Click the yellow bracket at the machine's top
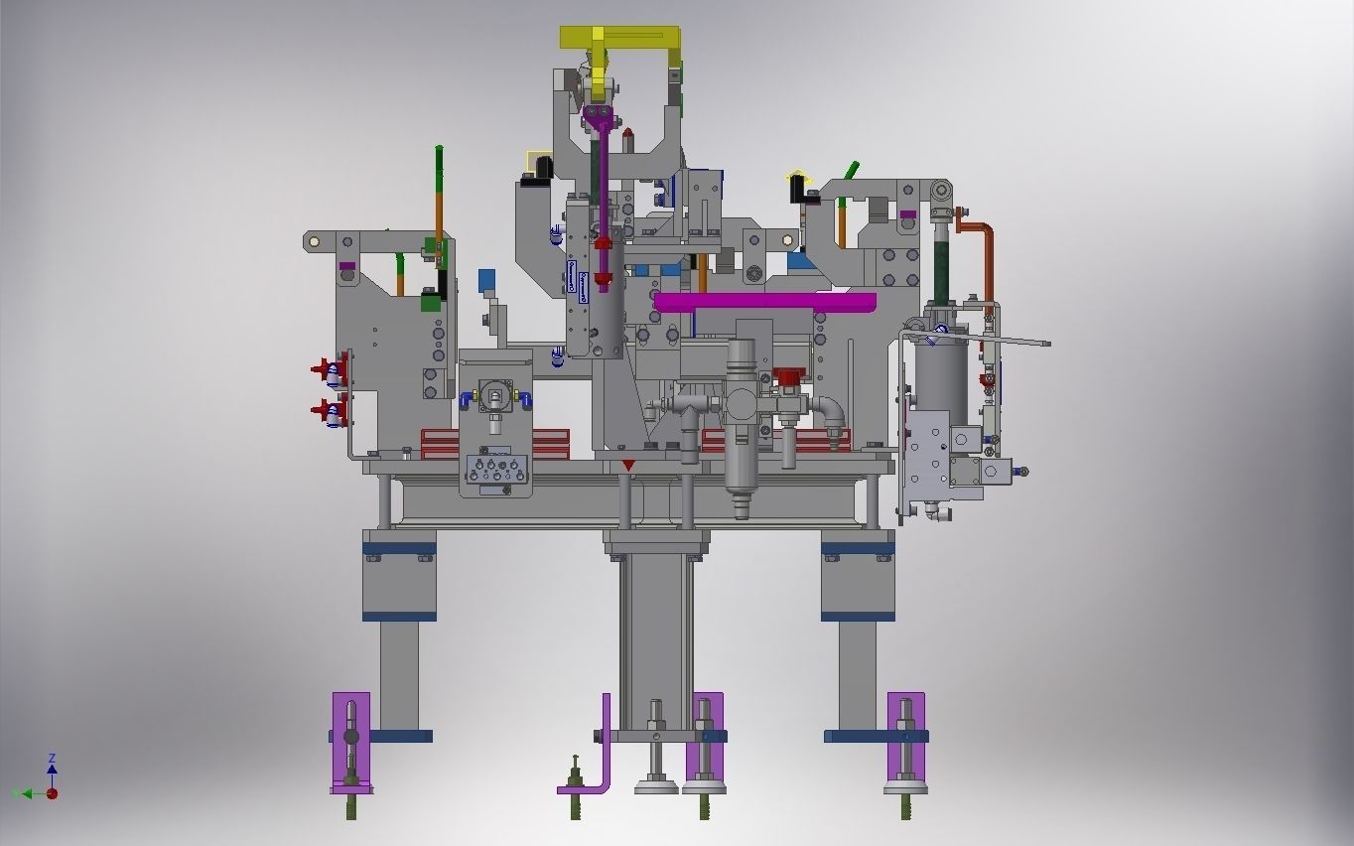(x=619, y=38)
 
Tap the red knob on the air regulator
(x=788, y=376)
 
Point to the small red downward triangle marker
(x=628, y=465)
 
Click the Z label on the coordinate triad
(x=52, y=759)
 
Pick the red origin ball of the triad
(x=53, y=793)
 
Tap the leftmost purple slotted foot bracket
(x=350, y=740)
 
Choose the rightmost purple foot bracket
(x=905, y=740)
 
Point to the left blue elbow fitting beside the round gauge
(x=466, y=398)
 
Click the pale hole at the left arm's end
(x=315, y=240)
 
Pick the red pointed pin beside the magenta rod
(x=627, y=133)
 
